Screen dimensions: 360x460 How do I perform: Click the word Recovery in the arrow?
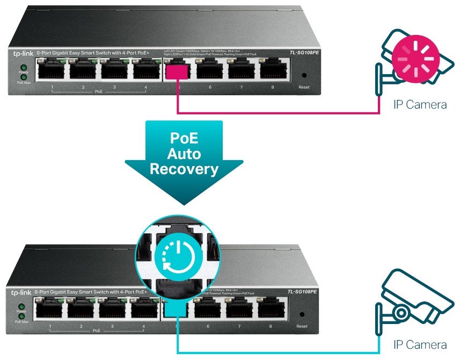pyautogui.click(x=184, y=169)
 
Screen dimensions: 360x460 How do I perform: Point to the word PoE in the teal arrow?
pyautogui.click(x=184, y=138)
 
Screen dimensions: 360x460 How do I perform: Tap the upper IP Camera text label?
pyautogui.click(x=420, y=104)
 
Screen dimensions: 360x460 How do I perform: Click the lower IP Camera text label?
pyautogui.click(x=420, y=344)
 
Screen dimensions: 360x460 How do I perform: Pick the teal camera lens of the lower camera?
pyautogui.click(x=401, y=312)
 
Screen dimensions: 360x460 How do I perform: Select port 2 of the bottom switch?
pyautogui.click(x=82, y=308)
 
